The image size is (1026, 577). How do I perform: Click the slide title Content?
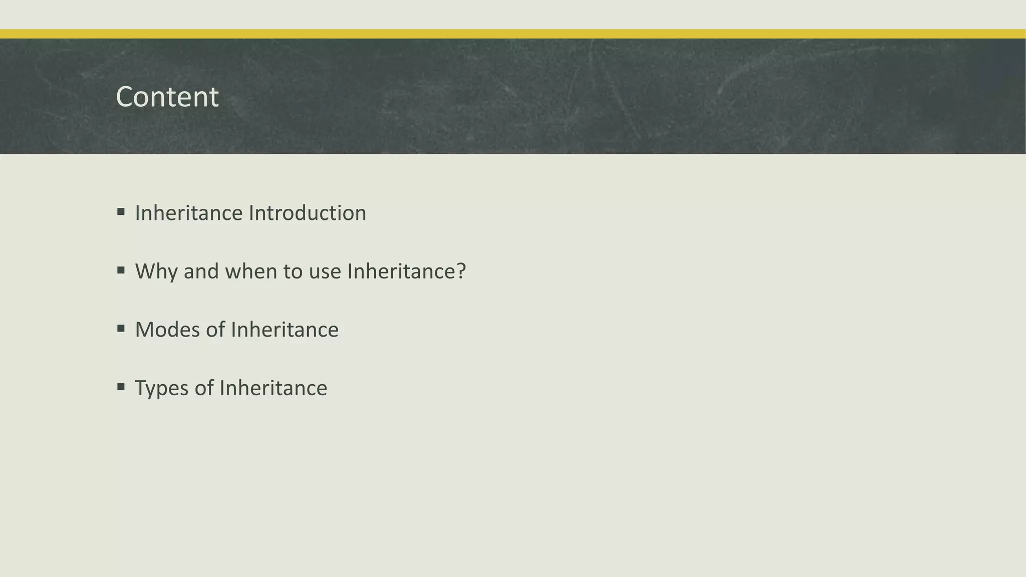coord(167,97)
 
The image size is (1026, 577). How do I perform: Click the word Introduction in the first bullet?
coord(308,213)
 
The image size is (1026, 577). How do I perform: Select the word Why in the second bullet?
coord(156,271)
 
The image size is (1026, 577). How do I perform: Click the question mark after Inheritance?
coord(461,271)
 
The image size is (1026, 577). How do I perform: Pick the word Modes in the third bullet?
coord(167,330)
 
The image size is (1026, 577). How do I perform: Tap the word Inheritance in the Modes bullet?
coord(285,330)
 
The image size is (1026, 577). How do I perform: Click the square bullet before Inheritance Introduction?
coord(121,212)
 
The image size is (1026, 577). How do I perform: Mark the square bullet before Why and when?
coord(121,270)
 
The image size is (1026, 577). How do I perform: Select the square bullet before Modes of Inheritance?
coord(121,329)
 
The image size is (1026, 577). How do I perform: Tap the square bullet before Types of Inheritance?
coord(121,387)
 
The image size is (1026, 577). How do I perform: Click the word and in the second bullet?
coord(201,271)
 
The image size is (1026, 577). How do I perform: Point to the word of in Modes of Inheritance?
coord(215,330)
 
